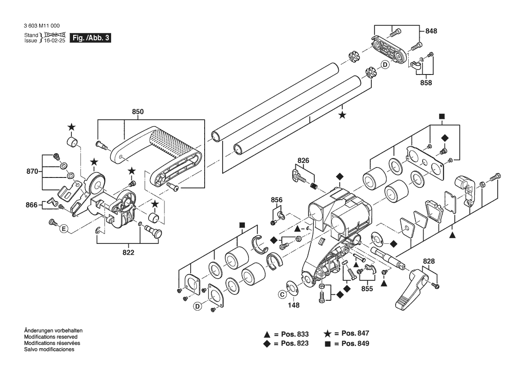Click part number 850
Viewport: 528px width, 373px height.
point(138,112)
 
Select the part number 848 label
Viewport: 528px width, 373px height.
point(431,31)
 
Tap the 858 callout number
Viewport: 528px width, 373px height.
point(426,83)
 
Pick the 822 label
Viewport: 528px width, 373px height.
point(129,252)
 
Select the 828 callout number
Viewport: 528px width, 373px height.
point(429,261)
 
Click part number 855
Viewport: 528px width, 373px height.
point(367,289)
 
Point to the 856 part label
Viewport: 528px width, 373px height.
point(276,200)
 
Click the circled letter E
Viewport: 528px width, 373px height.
point(64,229)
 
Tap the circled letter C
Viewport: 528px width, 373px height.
point(282,294)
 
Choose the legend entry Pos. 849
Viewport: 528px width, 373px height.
point(355,344)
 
